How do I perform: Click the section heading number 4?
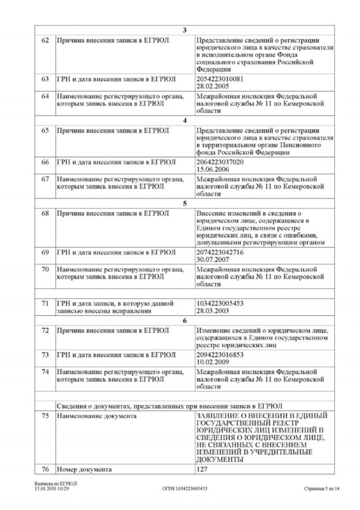pos(184,120)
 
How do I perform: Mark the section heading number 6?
pos(184,321)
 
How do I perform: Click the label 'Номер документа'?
pos(84,469)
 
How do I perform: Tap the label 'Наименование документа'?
pos(90,416)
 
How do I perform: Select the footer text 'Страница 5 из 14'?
pos(321,489)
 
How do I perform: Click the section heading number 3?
pos(184,30)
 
